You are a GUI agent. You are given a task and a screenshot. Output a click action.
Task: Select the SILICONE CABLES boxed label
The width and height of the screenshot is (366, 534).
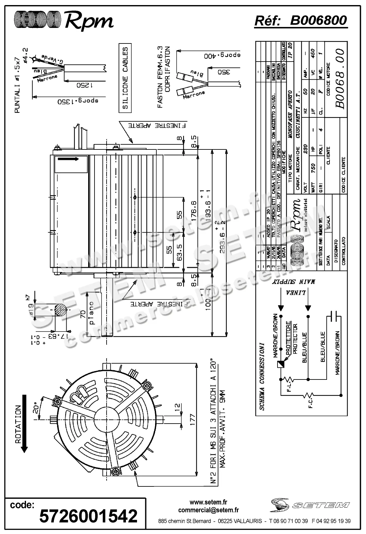[x=125, y=78]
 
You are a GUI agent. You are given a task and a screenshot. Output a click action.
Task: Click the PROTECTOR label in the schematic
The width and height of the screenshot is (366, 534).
[x=295, y=339]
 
